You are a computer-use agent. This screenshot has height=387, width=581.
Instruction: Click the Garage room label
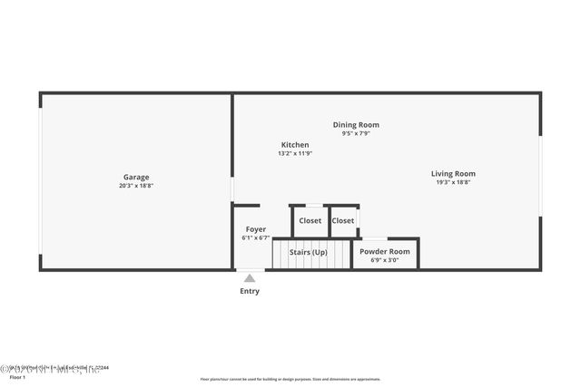pos(136,177)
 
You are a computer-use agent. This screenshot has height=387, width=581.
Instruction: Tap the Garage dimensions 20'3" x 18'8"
pos(136,186)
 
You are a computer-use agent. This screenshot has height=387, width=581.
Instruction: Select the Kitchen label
pos(295,145)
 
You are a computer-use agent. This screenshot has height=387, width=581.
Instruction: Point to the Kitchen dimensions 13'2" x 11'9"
pos(295,153)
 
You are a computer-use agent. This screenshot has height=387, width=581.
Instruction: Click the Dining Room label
pos(356,125)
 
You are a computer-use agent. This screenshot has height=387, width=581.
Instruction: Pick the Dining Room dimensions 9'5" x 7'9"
pos(356,133)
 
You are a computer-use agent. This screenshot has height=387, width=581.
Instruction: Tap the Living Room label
pos(453,174)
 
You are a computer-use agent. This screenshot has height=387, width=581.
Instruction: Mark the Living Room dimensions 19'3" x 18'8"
pos(453,182)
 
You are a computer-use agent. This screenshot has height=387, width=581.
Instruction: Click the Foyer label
pos(256,229)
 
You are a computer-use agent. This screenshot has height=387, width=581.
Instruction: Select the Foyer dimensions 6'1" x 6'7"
pos(256,238)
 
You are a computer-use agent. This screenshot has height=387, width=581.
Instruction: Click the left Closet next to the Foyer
pos(310,220)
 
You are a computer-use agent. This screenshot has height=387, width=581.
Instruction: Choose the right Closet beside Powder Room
pos(343,220)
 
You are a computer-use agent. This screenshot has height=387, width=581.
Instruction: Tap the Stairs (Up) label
pos(309,252)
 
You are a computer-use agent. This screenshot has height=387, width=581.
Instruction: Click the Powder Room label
pos(385,251)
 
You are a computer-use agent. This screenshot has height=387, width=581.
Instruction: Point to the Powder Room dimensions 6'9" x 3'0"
pos(385,260)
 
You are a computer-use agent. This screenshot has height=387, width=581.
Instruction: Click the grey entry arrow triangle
pos(250,278)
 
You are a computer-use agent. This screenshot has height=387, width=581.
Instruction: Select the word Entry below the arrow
pos(250,291)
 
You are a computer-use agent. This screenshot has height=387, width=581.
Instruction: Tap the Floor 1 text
pos(18,376)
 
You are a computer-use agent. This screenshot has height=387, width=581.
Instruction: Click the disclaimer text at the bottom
pos(290,380)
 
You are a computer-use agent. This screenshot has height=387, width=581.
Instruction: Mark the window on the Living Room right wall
pos(540,176)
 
